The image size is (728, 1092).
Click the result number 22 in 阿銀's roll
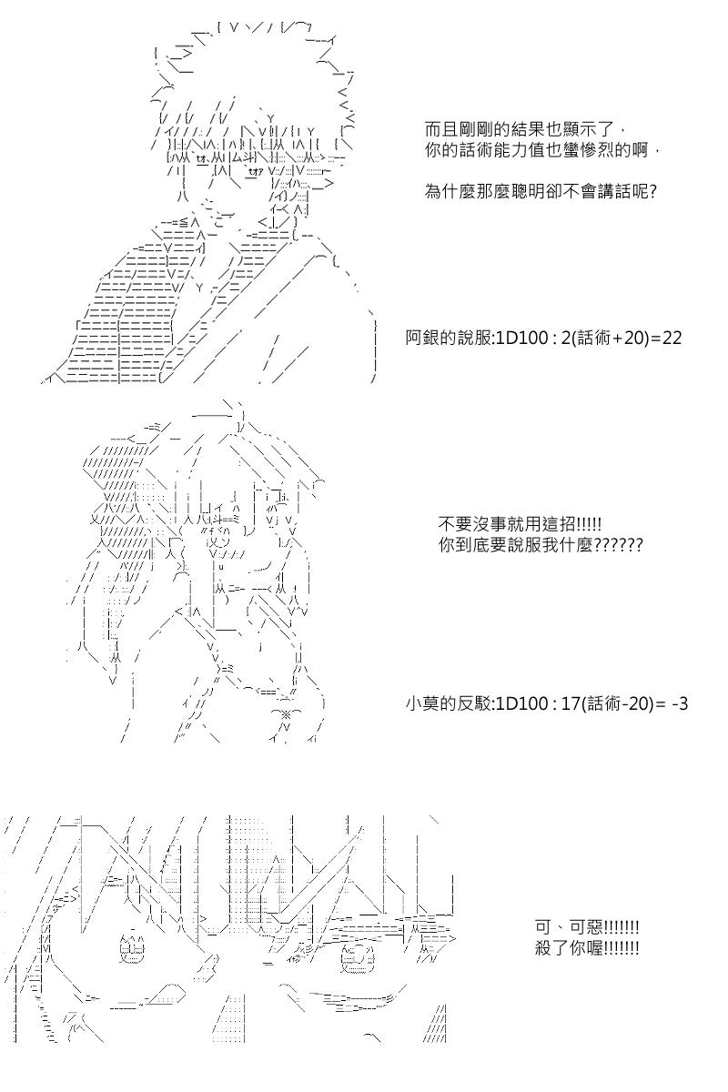pos(672,338)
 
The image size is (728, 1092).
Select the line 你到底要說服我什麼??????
pos(541,546)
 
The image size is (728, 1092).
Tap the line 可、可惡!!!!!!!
pos(587,928)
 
